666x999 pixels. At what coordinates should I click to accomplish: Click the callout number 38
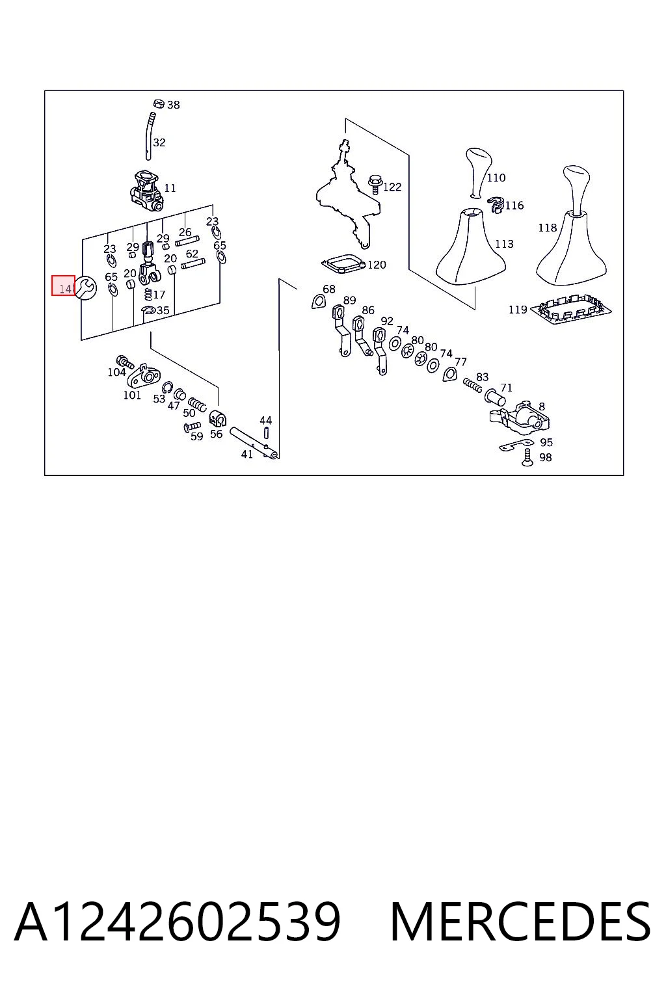(173, 105)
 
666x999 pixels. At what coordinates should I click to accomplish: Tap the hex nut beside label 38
(158, 104)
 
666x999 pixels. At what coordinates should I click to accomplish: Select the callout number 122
(392, 187)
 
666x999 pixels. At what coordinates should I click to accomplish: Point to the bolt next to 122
(374, 184)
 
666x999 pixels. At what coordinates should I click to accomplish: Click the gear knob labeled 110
(478, 172)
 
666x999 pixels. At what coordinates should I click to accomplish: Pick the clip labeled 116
(496, 204)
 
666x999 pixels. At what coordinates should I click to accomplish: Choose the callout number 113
(504, 244)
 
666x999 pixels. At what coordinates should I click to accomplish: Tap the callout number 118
(548, 228)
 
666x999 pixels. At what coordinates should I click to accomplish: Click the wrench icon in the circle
(86, 288)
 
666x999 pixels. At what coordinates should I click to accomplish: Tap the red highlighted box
(63, 286)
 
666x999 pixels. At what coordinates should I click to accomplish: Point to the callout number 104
(116, 372)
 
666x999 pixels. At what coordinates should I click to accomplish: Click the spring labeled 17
(148, 295)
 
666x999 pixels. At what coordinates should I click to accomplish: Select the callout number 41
(246, 454)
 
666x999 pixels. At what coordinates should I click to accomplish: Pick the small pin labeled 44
(266, 433)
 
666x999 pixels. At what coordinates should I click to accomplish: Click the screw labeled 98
(527, 458)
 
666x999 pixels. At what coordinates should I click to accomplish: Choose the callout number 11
(170, 188)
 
